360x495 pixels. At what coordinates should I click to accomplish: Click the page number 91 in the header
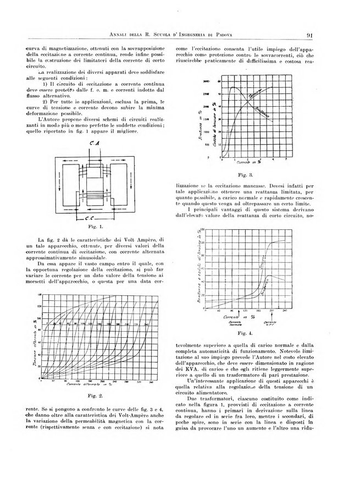point(311,37)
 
